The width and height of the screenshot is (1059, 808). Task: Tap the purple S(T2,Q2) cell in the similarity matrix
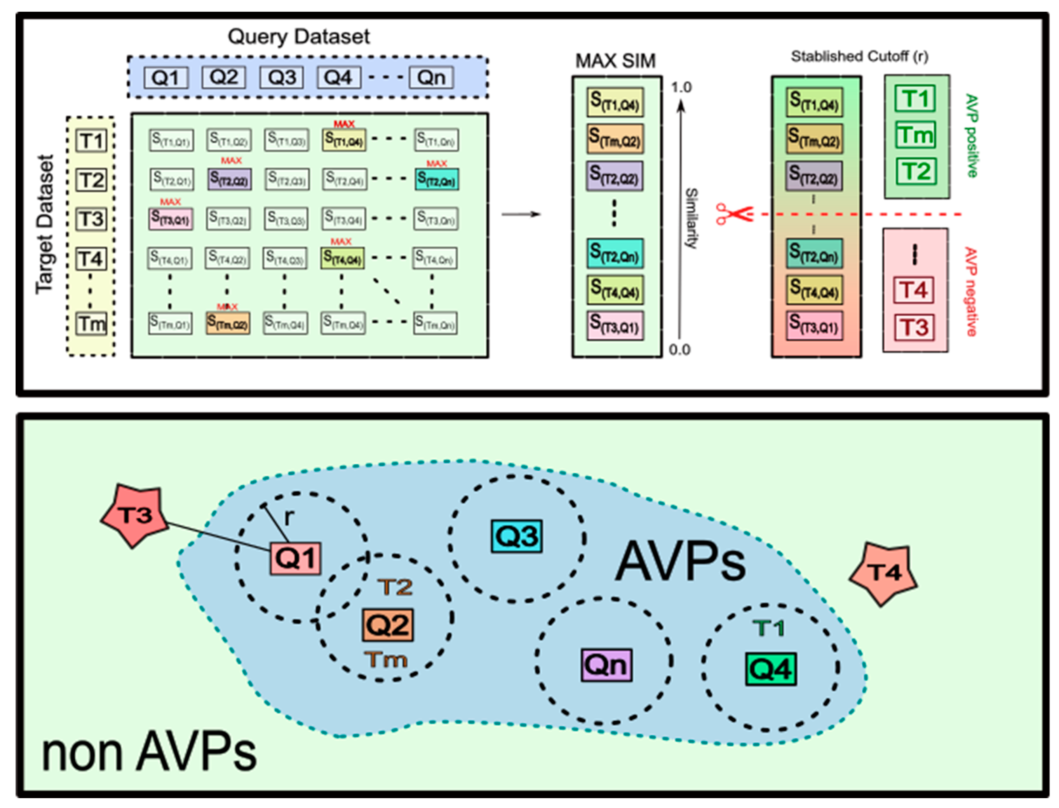(x=229, y=179)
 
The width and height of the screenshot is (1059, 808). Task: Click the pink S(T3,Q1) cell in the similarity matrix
(x=170, y=219)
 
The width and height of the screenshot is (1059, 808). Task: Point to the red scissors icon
(x=733, y=213)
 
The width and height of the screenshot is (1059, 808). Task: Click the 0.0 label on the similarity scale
(x=679, y=350)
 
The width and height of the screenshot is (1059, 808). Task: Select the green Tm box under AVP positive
(x=915, y=135)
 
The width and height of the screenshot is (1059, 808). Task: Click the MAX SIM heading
(x=615, y=61)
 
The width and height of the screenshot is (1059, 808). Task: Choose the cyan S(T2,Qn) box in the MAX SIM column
(x=615, y=253)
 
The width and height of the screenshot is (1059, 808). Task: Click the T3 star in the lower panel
(x=136, y=515)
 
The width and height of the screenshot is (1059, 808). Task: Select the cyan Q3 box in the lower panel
(x=516, y=536)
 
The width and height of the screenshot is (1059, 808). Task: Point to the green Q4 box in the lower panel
(x=771, y=669)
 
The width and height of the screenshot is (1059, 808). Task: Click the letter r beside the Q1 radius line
(x=288, y=517)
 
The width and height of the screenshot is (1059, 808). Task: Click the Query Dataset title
(x=298, y=37)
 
